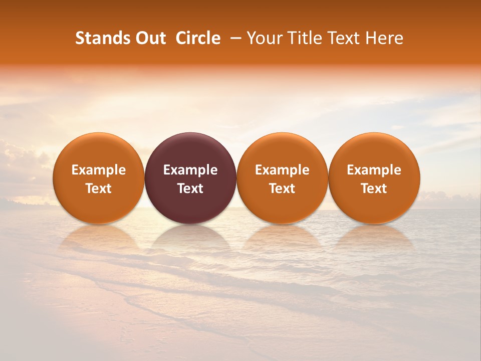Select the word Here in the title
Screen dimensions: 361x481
click(384, 38)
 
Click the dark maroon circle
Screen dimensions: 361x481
click(190, 178)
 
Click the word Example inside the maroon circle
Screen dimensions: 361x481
click(190, 170)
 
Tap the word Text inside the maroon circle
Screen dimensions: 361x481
click(190, 189)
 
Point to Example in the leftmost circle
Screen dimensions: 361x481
click(98, 170)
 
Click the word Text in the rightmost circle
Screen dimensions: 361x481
click(374, 189)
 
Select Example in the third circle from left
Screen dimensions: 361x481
click(282, 170)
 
